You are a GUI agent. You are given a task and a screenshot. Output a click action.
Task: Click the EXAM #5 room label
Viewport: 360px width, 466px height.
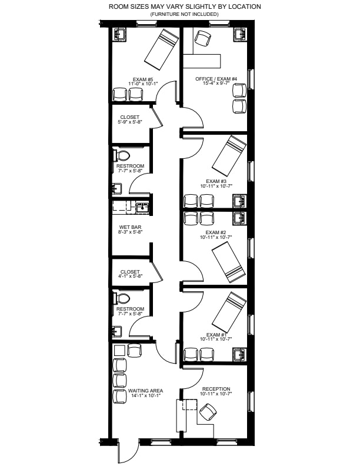coord(142,79)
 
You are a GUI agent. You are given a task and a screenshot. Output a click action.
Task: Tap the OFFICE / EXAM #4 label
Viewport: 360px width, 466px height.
coord(216,79)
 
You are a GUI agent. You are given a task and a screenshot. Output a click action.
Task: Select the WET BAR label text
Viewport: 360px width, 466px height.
coord(130,227)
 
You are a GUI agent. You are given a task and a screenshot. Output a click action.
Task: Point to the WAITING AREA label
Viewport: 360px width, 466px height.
coord(145,391)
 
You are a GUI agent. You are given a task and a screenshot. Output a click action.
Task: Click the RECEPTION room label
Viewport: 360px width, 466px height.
coord(216,389)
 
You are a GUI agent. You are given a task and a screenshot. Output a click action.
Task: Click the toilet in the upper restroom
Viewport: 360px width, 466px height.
coord(121,155)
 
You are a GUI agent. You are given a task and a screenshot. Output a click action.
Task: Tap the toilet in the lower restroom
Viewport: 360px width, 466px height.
coord(121,298)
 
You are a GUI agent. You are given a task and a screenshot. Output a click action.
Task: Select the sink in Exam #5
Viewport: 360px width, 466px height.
coord(119,34)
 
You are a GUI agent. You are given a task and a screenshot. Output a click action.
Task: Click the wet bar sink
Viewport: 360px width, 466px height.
coord(142,208)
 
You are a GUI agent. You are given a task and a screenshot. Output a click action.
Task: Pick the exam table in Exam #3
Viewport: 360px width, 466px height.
coord(229,155)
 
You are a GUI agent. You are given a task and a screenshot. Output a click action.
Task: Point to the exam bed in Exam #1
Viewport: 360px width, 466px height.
coord(229,312)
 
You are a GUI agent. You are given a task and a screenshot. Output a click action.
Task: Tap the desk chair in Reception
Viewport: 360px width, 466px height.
coord(208,412)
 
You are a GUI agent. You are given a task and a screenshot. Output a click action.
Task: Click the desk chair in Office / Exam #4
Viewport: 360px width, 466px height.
coord(203,39)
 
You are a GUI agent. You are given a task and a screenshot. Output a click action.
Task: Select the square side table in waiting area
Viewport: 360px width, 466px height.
coord(119,351)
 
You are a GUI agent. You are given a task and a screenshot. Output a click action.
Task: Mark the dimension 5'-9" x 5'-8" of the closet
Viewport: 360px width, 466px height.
coord(130,122)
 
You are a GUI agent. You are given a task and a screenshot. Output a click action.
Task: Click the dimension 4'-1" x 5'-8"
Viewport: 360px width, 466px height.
coord(130,276)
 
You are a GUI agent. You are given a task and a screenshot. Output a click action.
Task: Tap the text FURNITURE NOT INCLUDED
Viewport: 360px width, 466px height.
coord(184,14)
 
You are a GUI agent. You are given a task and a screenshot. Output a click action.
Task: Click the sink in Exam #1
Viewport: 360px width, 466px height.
coord(239,354)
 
